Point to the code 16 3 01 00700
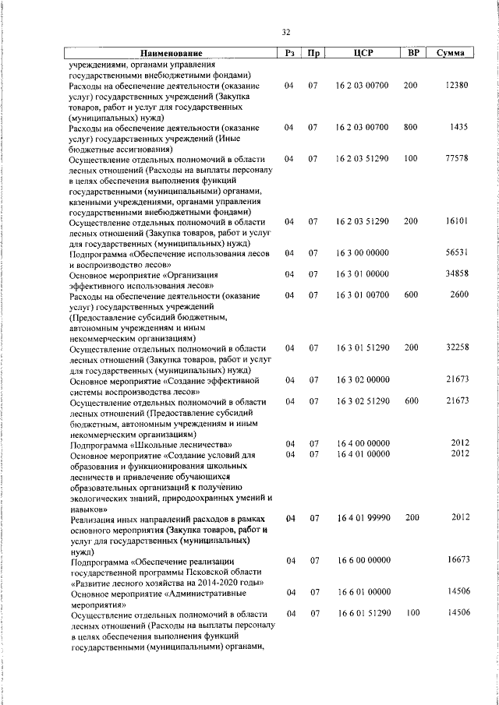[x=363, y=295]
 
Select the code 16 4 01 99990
[x=363, y=517]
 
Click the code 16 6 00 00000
[x=363, y=560]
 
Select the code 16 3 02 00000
[x=363, y=379]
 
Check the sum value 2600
[x=459, y=295]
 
